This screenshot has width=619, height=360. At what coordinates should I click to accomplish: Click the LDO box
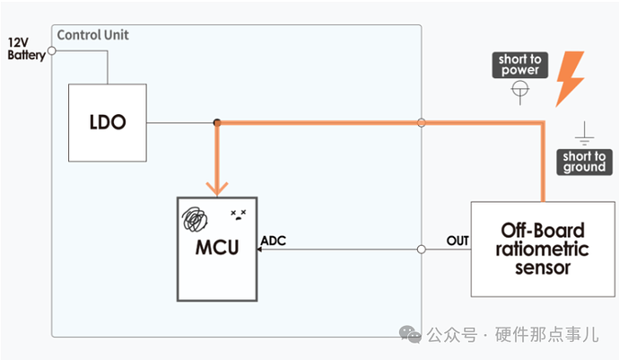point(108,123)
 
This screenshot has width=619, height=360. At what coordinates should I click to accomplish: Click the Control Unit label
point(93,35)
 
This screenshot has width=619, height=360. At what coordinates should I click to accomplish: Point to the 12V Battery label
point(26,48)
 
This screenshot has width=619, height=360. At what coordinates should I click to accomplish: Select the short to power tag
point(520,65)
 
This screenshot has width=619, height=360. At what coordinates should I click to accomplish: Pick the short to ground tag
point(584,162)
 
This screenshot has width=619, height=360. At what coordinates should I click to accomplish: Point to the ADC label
point(275,241)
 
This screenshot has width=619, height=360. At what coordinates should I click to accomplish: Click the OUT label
point(458,241)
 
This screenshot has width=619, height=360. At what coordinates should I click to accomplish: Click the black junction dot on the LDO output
point(217,122)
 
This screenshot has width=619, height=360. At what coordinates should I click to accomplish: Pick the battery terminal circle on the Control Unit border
point(51,50)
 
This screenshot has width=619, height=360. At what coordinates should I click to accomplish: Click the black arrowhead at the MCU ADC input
point(260,250)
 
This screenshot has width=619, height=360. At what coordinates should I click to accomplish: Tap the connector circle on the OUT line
point(421,250)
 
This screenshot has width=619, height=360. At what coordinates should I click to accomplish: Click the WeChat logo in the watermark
point(411,335)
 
